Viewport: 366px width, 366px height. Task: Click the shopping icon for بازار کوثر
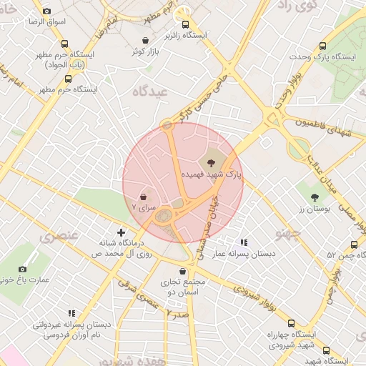point(147,41)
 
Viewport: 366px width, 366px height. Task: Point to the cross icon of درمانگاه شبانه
point(121,232)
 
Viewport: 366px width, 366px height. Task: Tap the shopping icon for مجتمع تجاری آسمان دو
point(184,272)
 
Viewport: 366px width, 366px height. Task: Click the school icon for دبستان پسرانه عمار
point(244,243)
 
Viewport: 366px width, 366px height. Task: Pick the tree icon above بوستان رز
point(315,196)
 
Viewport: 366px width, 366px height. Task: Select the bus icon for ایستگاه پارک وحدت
point(323,46)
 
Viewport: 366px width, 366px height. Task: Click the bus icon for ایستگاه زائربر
point(184,24)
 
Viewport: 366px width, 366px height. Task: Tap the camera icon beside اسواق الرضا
point(47,11)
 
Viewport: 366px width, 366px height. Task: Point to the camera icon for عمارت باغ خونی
point(22,269)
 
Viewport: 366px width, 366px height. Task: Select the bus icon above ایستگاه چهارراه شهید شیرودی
point(291,323)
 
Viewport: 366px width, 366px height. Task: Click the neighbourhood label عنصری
point(60,236)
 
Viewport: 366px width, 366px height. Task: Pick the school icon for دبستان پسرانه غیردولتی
point(71,313)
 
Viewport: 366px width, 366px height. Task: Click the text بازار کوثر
point(146,52)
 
